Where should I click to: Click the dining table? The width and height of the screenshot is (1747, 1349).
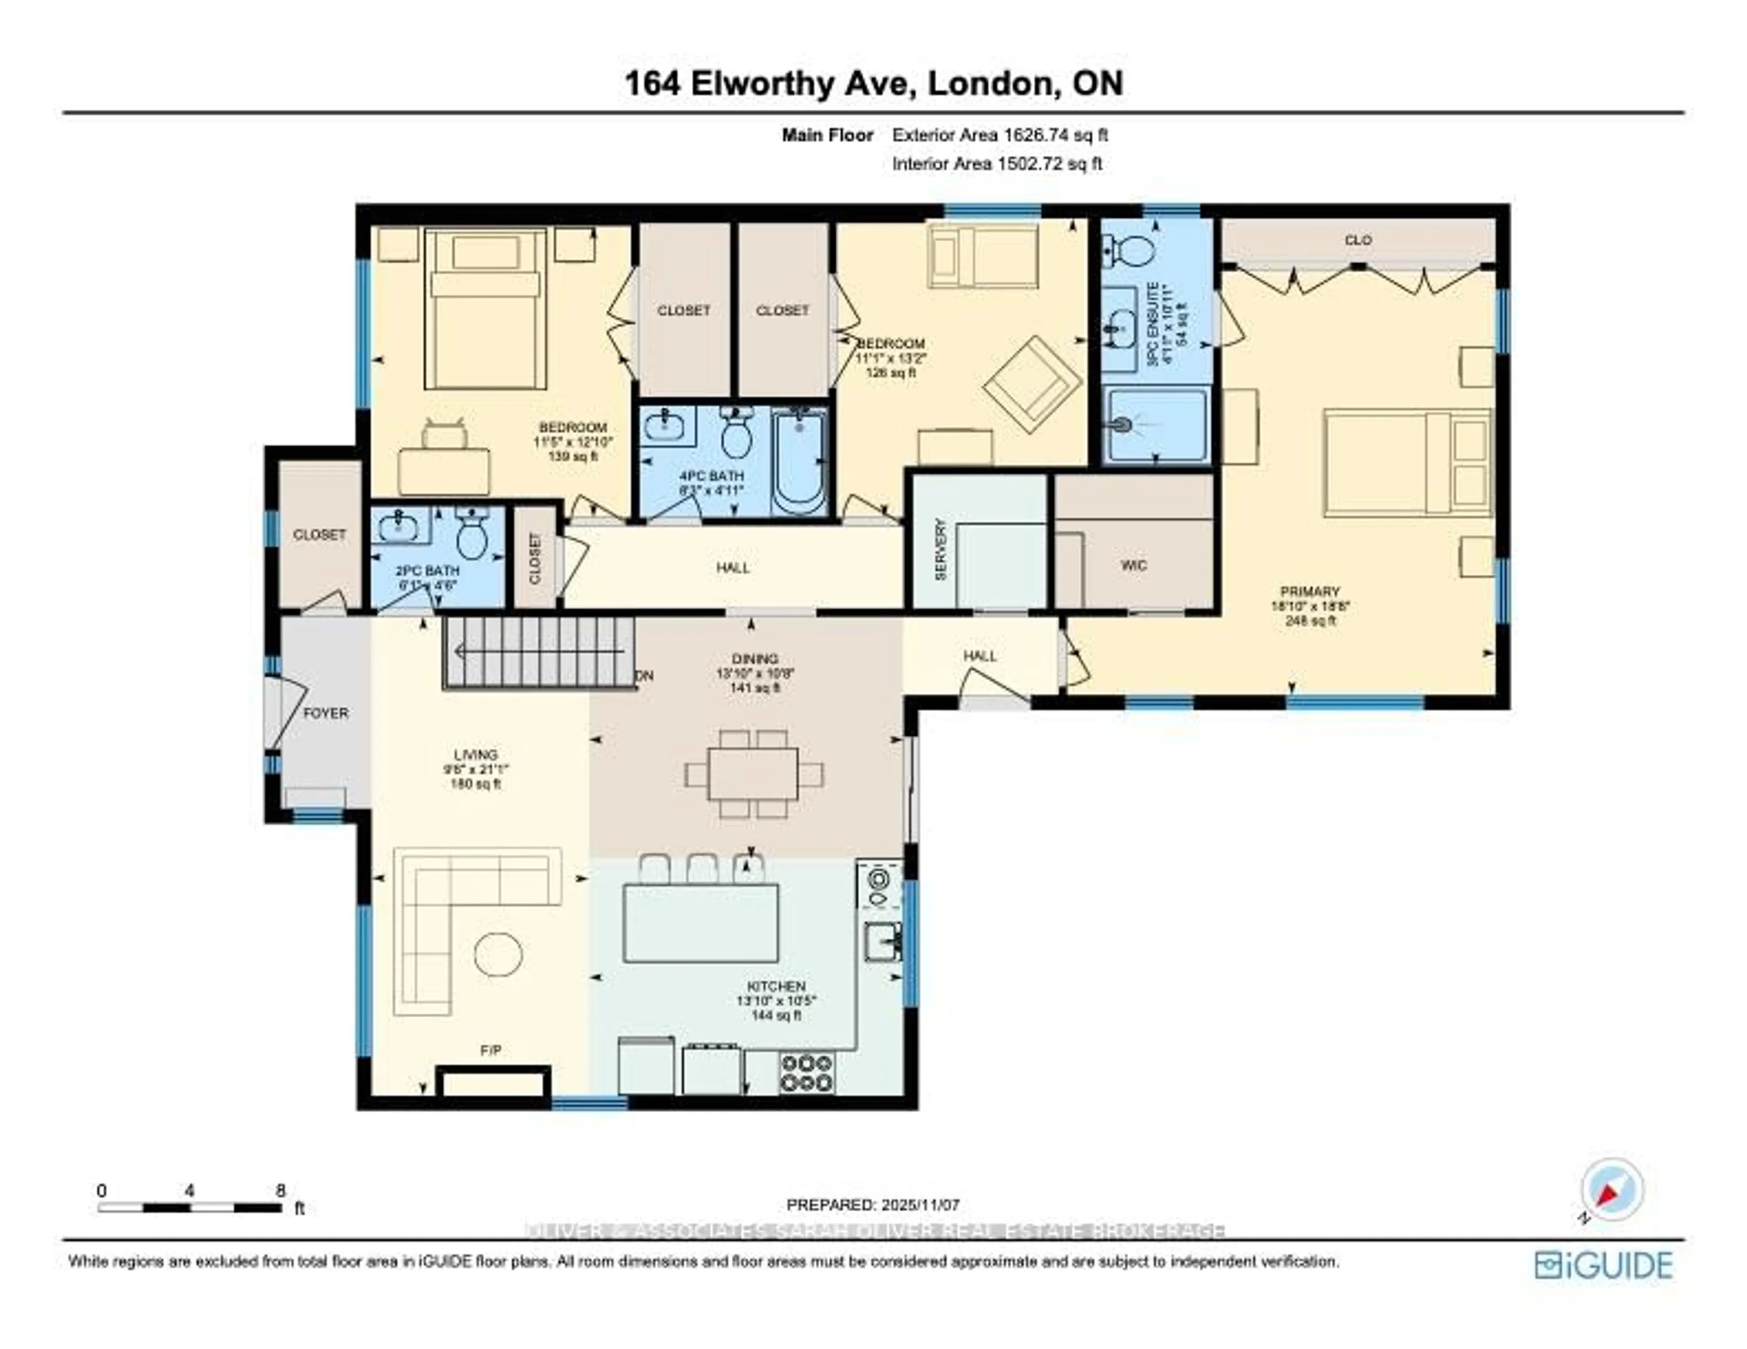(x=753, y=774)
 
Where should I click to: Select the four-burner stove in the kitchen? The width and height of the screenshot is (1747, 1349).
(x=806, y=1072)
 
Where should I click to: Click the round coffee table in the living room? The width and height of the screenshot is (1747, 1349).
(x=498, y=954)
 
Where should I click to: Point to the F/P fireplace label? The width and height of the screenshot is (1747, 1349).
(x=491, y=1050)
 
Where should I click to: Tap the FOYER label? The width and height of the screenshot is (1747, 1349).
(x=326, y=712)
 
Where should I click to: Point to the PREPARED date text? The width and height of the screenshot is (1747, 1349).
(x=873, y=1204)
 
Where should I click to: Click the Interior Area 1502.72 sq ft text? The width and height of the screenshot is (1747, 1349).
(x=997, y=164)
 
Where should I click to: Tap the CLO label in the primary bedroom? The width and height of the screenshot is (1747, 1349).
(x=1358, y=240)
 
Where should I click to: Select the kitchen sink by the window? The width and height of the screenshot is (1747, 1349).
(x=882, y=940)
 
